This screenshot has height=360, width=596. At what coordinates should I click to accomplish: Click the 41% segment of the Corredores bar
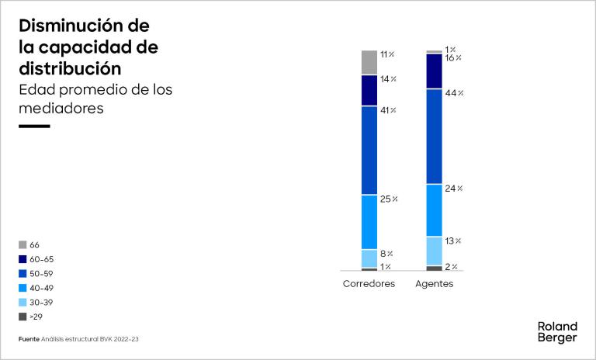(x=369, y=150)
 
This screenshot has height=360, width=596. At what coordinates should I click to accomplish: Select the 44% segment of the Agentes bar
(x=435, y=136)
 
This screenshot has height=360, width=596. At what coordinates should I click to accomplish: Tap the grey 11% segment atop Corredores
(x=369, y=62)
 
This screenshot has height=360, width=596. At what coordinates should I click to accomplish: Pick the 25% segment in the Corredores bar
(x=369, y=222)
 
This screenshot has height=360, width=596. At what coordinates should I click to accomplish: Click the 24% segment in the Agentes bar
(x=435, y=210)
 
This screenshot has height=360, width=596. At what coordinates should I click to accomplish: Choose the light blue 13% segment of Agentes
(x=435, y=251)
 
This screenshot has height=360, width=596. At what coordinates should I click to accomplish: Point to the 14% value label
(x=388, y=79)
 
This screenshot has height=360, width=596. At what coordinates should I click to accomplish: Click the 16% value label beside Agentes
(x=453, y=58)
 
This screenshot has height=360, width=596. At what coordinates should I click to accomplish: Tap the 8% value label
(x=386, y=254)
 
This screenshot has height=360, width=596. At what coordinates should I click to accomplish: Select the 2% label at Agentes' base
(x=452, y=267)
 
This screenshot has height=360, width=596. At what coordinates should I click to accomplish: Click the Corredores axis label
(x=369, y=284)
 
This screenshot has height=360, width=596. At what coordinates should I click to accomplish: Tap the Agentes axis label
(x=435, y=284)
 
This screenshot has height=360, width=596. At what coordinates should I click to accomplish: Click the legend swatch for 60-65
(x=23, y=259)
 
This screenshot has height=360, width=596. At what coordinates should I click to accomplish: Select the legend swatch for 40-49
(x=23, y=288)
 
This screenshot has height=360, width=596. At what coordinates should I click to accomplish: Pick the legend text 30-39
(x=41, y=303)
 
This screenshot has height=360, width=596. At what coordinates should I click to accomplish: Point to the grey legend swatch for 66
(x=23, y=245)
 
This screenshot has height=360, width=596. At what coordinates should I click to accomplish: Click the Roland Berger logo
(x=557, y=332)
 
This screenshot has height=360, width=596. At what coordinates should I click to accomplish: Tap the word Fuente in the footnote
(x=29, y=339)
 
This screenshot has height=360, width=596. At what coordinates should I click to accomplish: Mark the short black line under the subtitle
(x=34, y=126)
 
